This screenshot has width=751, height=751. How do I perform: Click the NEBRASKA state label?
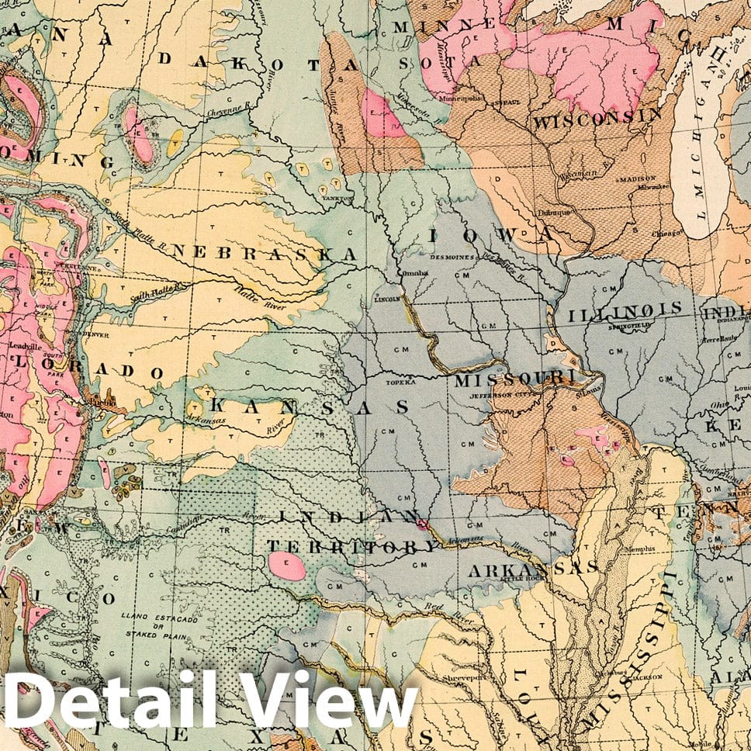[265, 254]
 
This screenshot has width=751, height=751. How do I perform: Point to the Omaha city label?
[411, 274]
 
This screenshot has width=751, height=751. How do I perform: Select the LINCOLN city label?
[386, 298]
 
